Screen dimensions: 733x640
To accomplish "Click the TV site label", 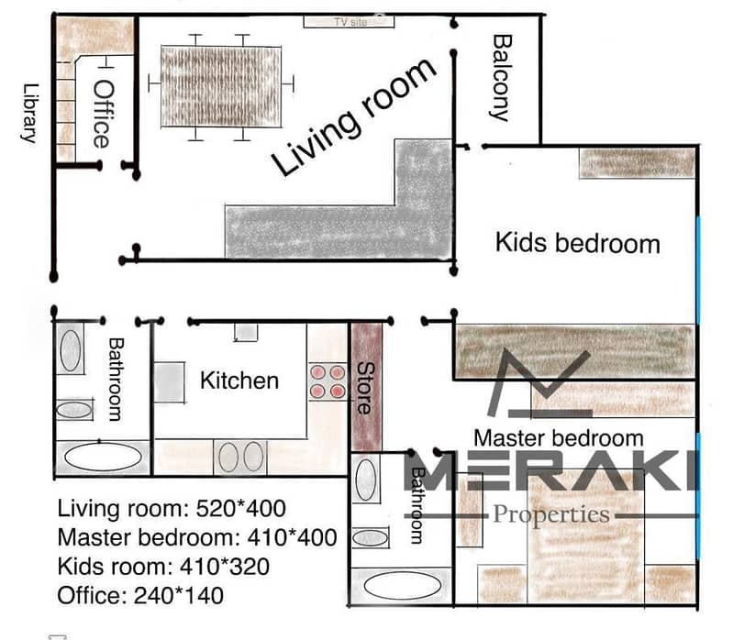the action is point(350,22).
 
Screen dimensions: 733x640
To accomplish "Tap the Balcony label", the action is point(502,78).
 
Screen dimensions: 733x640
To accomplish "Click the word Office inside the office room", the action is point(103,114).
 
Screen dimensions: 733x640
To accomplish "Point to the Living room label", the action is point(354,117).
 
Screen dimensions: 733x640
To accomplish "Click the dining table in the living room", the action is point(221,86).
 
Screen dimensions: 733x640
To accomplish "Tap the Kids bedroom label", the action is point(578,243).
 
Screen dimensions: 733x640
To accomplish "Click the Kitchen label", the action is point(239,381).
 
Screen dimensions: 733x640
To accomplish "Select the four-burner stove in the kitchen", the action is point(328,381).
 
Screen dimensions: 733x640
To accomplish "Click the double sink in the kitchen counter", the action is point(240,457).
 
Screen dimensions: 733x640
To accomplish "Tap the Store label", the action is point(365,388).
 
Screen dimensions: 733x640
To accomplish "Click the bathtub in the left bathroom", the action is point(103,457).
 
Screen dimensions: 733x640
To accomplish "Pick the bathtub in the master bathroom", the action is point(402,585).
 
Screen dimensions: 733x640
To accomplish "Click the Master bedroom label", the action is point(559,438).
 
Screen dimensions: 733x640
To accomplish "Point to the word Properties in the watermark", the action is point(551,514).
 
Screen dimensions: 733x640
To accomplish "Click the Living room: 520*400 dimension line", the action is point(172,508).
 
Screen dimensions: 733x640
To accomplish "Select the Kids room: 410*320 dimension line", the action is point(163,567).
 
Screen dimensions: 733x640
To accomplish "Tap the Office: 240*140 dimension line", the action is point(140,596).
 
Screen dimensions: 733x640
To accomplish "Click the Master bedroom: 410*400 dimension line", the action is point(197,537).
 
